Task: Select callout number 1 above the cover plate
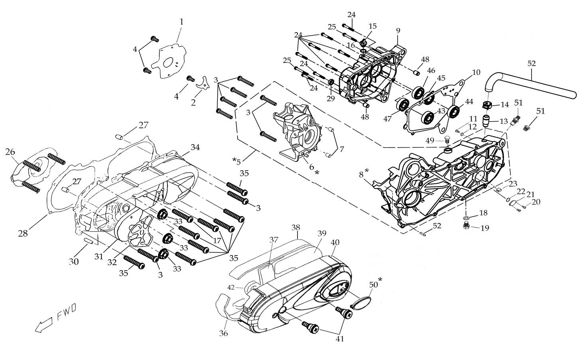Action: click(181, 22)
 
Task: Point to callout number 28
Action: click(23, 233)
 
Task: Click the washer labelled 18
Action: click(466, 218)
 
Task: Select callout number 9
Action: click(398, 30)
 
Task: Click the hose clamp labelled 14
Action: click(486, 105)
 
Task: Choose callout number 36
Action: click(223, 333)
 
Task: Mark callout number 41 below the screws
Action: click(340, 339)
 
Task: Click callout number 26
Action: click(10, 151)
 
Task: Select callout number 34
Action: click(195, 147)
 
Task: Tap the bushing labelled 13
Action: click(486, 120)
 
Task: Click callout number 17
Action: click(217, 240)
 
